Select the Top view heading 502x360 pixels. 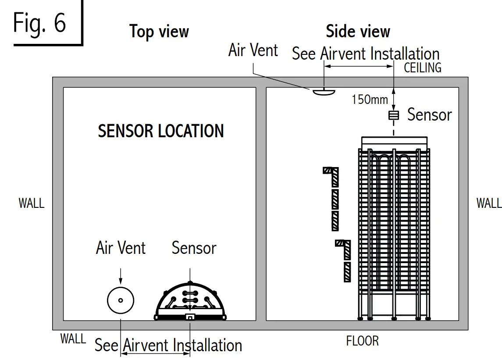coord(159,32)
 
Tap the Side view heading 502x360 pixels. coord(358,32)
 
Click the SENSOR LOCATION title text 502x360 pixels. coord(161,131)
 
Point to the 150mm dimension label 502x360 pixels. coord(370,100)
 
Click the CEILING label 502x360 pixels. coord(422,68)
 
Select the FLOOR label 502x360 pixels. coord(362,341)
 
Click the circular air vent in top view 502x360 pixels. coord(121,300)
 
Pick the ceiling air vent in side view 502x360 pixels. coord(323,91)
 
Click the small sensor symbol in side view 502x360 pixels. coord(394,115)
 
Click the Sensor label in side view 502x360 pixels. coord(429,115)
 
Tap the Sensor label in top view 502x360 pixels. coord(194,248)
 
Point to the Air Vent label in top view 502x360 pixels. coord(121,248)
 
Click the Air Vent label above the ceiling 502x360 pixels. coord(253,50)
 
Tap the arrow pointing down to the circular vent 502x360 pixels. coord(121,276)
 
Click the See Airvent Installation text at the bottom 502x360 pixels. coord(168,346)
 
